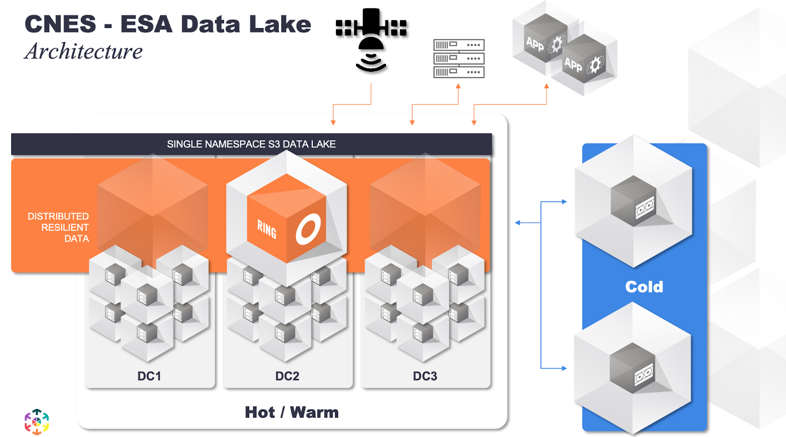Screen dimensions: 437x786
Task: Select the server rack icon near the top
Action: [459, 58]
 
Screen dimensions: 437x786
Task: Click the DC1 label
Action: [149, 376]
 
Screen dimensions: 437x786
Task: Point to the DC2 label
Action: [287, 376]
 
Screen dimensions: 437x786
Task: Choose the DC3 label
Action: [425, 376]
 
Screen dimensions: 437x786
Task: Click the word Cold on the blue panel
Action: [644, 287]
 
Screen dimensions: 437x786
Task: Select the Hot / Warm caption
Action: [292, 412]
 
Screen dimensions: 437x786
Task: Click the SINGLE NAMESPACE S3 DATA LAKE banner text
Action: [251, 144]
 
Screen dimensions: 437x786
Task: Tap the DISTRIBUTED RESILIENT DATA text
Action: [58, 227]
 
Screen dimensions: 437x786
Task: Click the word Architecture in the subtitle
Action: [84, 51]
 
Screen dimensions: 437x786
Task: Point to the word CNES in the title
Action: [60, 24]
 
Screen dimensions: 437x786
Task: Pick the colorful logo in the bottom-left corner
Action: [37, 422]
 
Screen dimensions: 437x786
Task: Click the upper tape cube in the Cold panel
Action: [634, 201]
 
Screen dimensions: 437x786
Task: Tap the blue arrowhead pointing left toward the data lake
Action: [518, 223]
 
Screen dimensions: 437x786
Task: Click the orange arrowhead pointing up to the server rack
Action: [458, 86]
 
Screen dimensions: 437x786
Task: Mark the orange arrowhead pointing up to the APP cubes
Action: [547, 86]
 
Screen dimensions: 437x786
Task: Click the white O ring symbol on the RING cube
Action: [308, 229]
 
